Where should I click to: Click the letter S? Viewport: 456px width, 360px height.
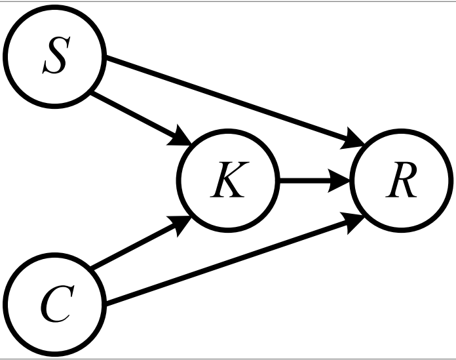click(x=54, y=57)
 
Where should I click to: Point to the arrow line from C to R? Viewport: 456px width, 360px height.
click(x=229, y=262)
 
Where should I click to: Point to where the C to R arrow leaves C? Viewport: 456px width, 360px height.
click(x=105, y=304)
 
